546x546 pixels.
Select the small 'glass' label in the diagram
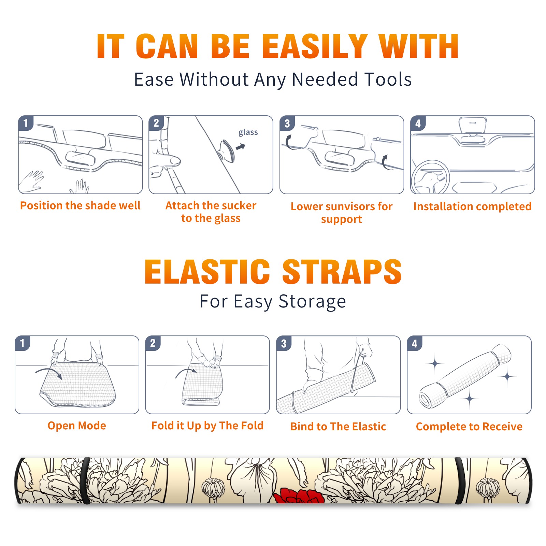(248, 132)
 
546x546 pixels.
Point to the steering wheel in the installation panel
(430, 177)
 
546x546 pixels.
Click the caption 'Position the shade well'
(80, 205)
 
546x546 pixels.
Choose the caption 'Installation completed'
(472, 206)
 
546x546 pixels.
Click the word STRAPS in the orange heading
(342, 272)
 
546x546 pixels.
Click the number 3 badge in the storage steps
(284, 344)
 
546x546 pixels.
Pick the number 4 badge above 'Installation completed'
(418, 123)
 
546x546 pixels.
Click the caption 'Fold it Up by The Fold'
(207, 426)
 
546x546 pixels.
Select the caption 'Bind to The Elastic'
(338, 427)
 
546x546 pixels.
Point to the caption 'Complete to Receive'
(469, 427)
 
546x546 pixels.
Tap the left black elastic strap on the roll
(85, 481)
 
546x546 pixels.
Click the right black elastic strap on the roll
(460, 481)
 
